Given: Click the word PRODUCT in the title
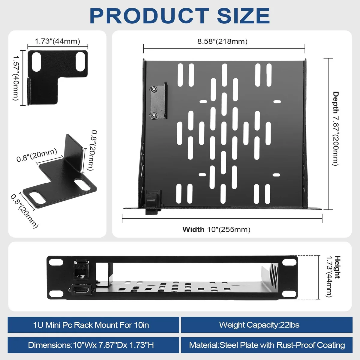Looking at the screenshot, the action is [149, 16].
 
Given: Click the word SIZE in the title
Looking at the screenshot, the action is [243, 16].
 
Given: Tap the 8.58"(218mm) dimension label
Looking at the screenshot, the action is [222, 41].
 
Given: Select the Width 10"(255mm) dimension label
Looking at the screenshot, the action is [216, 229].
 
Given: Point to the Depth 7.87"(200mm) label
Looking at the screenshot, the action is [335, 128].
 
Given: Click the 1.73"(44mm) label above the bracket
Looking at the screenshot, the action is [57, 41].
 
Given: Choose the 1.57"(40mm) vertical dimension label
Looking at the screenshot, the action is [16, 78].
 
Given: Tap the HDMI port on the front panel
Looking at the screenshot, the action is [81, 290].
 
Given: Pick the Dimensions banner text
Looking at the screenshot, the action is [91, 345].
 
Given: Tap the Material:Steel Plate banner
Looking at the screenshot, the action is [267, 345].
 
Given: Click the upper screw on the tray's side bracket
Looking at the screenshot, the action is [154, 89].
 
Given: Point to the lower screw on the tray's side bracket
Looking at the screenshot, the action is [154, 115].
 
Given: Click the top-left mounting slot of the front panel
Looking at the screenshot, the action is [56, 262].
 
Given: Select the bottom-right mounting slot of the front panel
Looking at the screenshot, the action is [289, 294].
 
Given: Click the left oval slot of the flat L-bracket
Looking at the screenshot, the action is [37, 62].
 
